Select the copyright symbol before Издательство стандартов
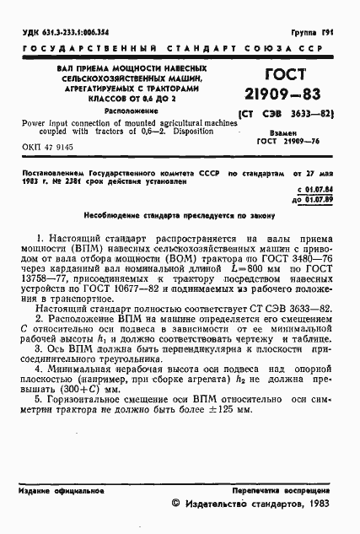[x=175, y=504]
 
